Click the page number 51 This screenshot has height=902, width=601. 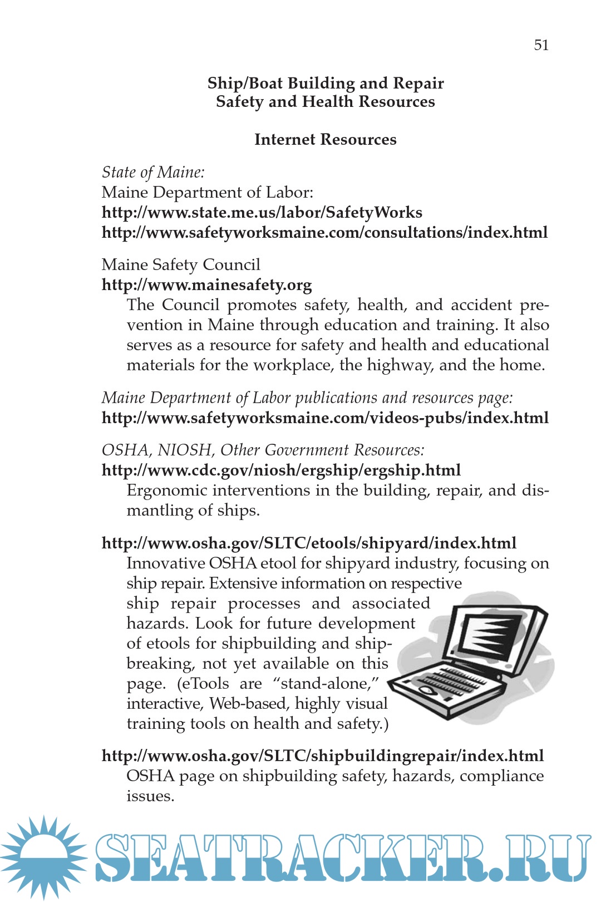point(541,45)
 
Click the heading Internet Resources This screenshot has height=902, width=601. point(325,139)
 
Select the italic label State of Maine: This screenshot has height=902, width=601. point(153,172)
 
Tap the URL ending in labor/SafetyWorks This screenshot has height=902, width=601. point(262,212)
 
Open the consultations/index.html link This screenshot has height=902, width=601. point(324,232)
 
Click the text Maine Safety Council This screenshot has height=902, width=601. point(181,264)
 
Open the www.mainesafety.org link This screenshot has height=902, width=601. point(206,285)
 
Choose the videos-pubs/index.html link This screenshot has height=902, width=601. point(325,418)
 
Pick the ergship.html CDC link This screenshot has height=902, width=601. point(281,470)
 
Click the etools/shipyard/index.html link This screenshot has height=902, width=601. point(309,543)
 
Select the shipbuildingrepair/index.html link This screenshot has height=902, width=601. point(323,756)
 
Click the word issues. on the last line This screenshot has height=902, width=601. point(150,796)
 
